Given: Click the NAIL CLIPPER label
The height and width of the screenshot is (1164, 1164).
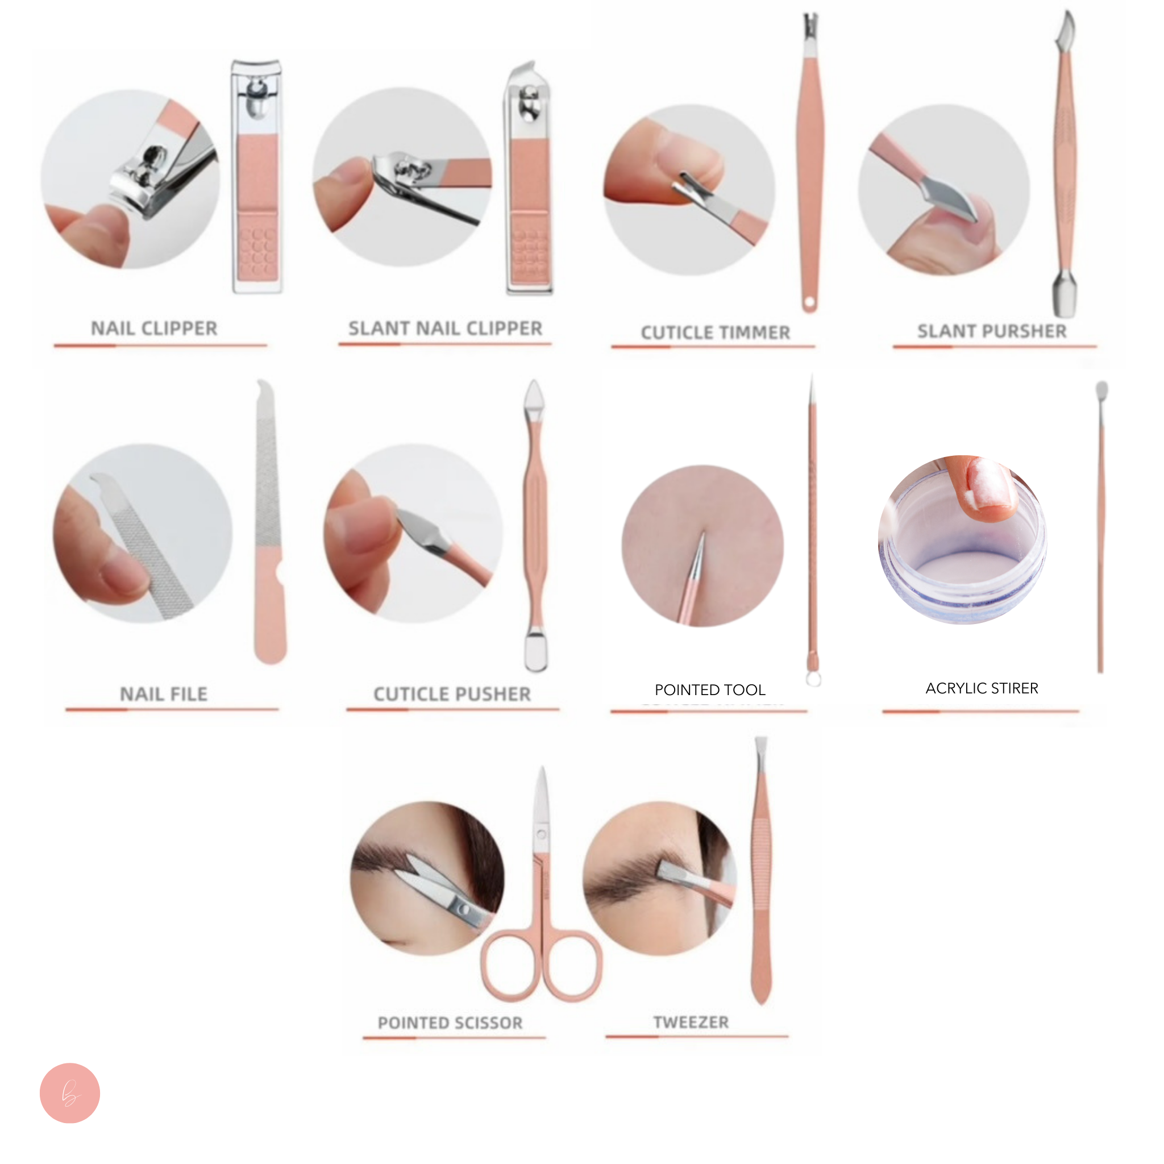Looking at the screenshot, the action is [154, 329].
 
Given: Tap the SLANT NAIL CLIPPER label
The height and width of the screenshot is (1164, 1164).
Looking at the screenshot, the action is [445, 329].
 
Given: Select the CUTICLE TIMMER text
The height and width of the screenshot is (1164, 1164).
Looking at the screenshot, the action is [715, 332].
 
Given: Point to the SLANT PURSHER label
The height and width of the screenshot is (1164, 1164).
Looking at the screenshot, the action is [992, 331].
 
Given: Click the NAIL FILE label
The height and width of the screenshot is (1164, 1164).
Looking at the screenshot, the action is [163, 694].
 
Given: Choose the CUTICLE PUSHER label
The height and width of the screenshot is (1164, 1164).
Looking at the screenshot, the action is [452, 694].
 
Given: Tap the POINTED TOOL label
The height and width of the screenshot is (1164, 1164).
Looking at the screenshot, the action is [710, 690].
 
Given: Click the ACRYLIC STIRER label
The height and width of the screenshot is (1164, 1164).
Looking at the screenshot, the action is [982, 688].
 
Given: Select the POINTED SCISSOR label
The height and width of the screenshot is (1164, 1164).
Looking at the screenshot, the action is [450, 1022].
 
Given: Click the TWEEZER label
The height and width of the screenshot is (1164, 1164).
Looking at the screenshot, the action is [691, 1022].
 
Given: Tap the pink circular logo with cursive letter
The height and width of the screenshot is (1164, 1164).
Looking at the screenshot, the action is [70, 1093].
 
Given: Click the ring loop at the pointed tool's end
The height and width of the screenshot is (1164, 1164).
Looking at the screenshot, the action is [813, 679].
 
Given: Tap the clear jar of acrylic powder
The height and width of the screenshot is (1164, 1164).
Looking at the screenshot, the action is [962, 548].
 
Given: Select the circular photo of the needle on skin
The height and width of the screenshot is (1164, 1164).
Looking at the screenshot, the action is [702, 546].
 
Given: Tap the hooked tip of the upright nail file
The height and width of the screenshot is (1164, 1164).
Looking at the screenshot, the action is [263, 389].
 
